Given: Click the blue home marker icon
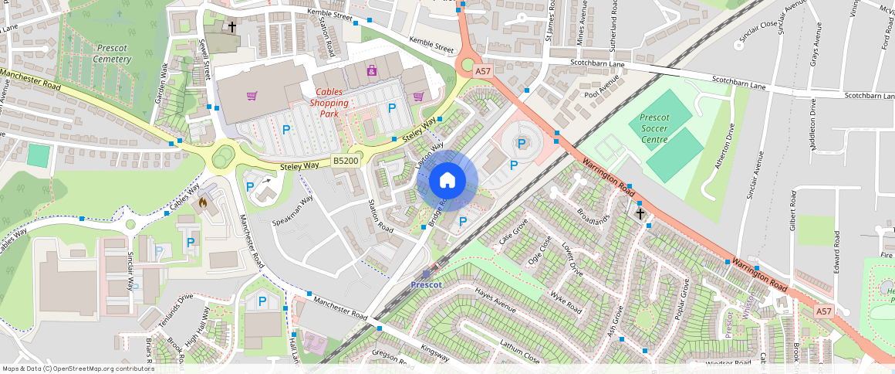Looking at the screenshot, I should tap(447, 181).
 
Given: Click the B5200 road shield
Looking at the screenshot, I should tap(344, 161).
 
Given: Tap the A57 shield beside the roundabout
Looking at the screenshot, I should tap(483, 71).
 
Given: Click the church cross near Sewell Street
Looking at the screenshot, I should tap(231, 27).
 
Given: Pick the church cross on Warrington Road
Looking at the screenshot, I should tap(640, 212).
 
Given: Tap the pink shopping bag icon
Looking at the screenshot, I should tap(372, 71).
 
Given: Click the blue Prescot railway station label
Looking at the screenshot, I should tap(426, 284).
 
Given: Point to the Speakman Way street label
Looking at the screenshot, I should tap(293, 210).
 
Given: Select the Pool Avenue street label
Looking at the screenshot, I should tap(602, 90).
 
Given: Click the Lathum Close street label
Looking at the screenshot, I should tap(519, 352).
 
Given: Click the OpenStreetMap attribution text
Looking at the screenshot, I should tap(78, 369).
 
